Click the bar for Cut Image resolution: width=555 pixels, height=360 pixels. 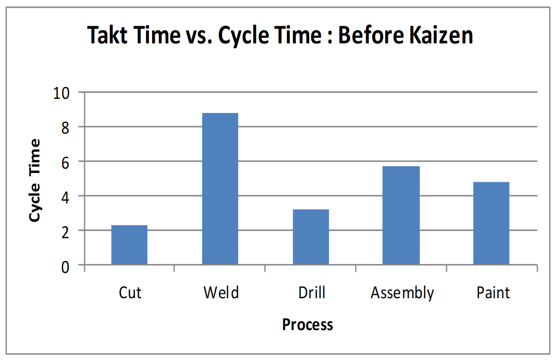(x=129, y=245)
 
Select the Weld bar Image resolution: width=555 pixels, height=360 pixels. (x=220, y=189)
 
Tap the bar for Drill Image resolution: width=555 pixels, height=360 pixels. (x=311, y=237)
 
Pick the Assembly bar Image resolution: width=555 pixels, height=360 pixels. (x=401, y=215)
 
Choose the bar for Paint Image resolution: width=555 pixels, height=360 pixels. (x=491, y=223)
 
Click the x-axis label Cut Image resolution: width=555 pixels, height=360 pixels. (x=130, y=292)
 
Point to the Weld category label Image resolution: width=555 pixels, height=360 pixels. (x=221, y=292)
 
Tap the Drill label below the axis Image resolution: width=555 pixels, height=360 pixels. (x=312, y=292)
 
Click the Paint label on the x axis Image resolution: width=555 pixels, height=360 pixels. (x=493, y=292)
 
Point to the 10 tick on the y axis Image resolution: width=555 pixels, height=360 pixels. (x=61, y=93)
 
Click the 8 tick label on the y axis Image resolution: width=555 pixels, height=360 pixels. (x=65, y=127)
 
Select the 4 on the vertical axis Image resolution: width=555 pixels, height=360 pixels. (x=65, y=197)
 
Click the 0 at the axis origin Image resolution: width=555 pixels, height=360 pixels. (x=65, y=267)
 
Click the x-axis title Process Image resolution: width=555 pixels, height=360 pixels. (x=307, y=325)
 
